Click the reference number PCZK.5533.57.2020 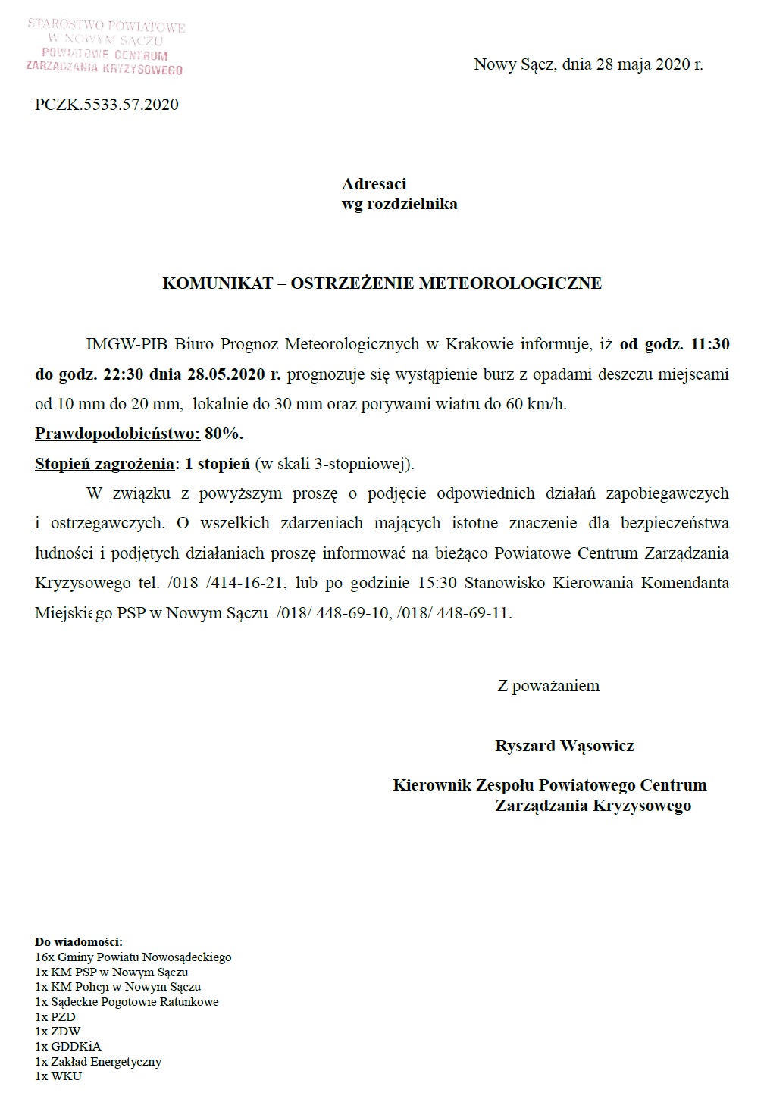point(107,105)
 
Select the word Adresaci point(374,184)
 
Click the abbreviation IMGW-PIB point(127,344)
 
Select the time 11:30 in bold point(710,344)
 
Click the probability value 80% point(224,434)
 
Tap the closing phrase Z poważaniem point(548,686)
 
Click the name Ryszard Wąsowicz point(564,746)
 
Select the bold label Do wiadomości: point(79,942)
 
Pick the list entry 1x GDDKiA point(67,1047)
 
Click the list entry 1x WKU point(58,1076)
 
